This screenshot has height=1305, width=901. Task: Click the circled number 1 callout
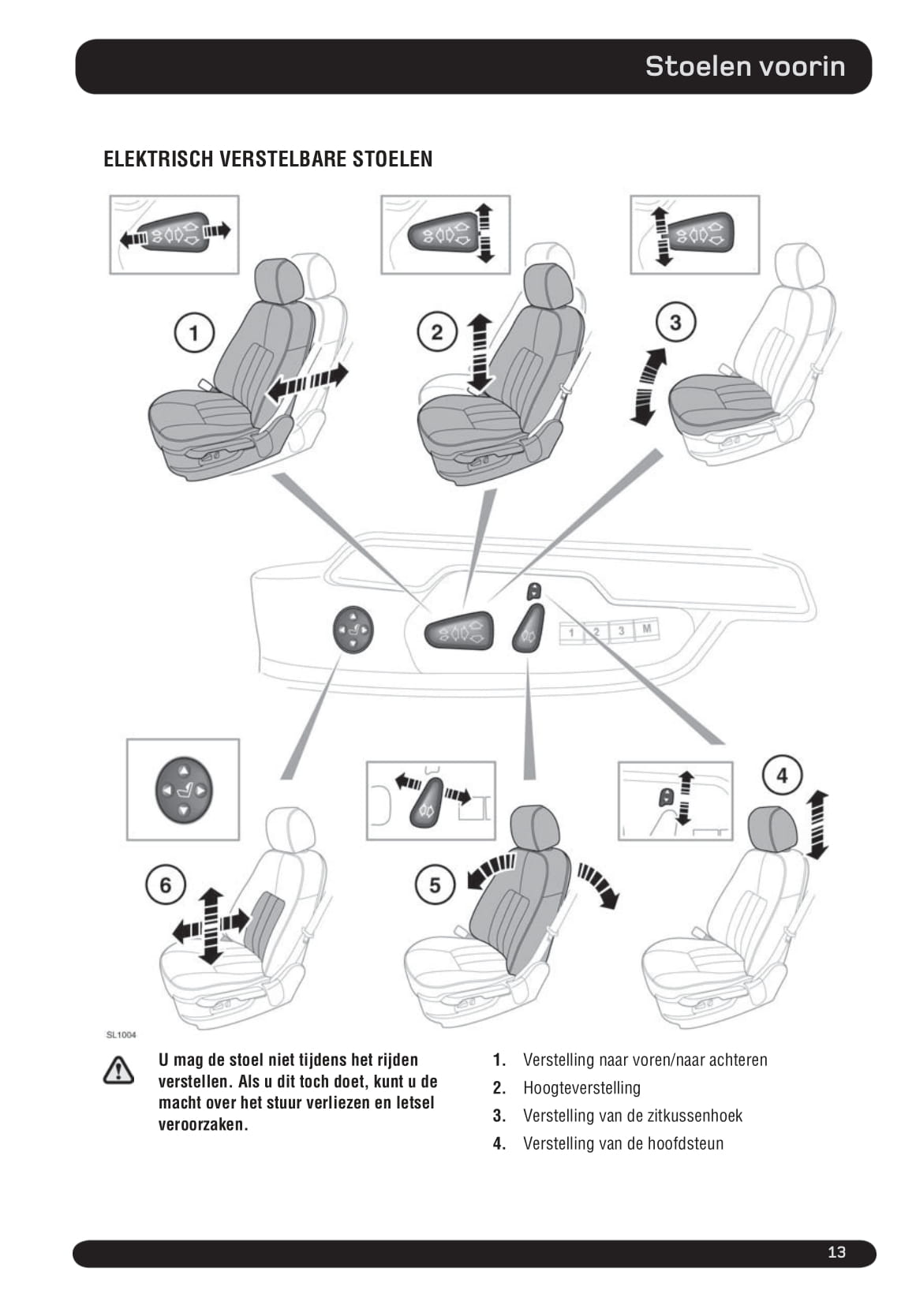point(194,332)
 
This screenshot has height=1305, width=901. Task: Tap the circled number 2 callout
point(436,332)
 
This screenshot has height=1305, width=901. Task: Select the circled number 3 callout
point(675,323)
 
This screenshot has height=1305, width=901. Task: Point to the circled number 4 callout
point(781,776)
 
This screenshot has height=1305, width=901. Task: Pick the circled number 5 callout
point(435,884)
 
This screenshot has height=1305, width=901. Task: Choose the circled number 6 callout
point(165,884)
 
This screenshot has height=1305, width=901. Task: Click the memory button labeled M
point(647,629)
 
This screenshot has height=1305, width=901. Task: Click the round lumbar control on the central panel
point(352,629)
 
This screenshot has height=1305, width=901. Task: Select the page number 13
point(836,1252)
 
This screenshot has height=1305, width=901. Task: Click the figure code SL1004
point(121,1034)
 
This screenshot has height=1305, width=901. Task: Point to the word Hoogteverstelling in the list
point(581,1088)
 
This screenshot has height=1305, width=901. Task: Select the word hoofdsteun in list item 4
point(686,1143)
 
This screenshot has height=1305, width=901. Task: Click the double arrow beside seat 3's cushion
point(647,387)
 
